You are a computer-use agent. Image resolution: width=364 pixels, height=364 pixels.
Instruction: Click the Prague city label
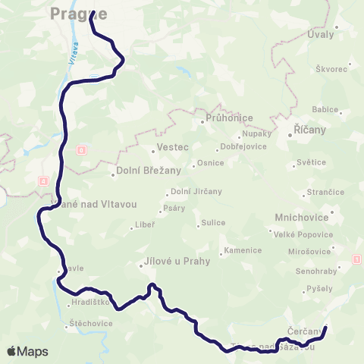(x=78, y=13)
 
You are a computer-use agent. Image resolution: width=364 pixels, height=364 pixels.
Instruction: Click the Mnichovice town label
(x=302, y=217)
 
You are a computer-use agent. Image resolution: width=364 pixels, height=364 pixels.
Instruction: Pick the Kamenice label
(x=243, y=250)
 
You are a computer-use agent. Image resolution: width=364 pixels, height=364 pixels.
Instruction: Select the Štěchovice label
(x=90, y=323)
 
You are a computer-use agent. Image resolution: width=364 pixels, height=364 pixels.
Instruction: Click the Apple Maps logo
(x=27, y=351)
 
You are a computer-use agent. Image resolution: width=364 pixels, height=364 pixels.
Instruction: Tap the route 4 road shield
(x=43, y=180)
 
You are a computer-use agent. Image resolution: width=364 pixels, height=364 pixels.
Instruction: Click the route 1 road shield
(x=356, y=260)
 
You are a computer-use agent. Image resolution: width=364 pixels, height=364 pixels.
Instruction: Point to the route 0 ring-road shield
(x=82, y=150)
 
